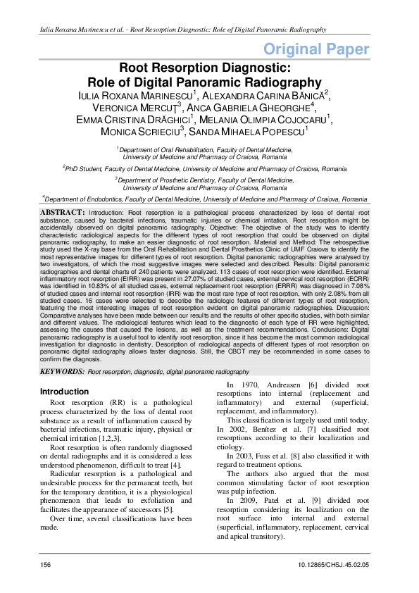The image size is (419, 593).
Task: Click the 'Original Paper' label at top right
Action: (x=316, y=49)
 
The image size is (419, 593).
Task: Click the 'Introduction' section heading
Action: (x=64, y=392)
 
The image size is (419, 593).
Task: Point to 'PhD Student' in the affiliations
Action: (x=86, y=169)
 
